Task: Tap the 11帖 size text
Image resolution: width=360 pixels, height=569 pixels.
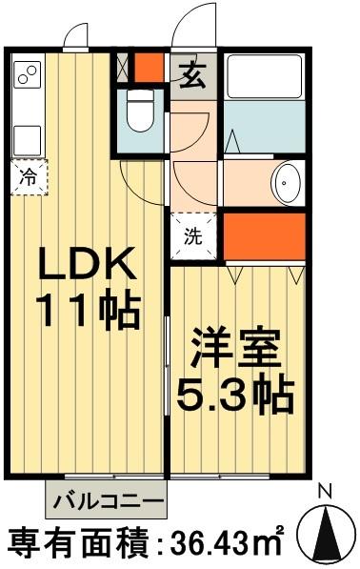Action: tap(88, 310)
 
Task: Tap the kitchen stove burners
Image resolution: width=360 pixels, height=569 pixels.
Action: tap(27, 72)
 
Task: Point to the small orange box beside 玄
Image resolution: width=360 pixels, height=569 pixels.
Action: tap(148, 68)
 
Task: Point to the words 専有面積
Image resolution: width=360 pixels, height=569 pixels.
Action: tap(75, 543)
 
